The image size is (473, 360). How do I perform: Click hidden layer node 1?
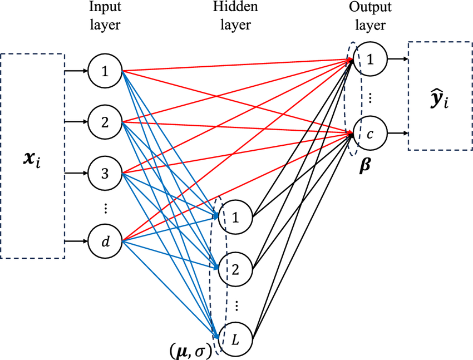[236, 216]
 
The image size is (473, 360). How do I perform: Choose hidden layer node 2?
[236, 269]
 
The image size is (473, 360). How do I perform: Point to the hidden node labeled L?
[236, 337]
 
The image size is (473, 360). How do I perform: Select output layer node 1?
[369, 58]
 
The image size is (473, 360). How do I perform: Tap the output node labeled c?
[369, 134]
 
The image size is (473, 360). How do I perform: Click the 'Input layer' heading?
[105, 16]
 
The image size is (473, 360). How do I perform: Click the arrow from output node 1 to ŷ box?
[397, 58]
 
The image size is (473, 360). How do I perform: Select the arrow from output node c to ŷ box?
[397, 134]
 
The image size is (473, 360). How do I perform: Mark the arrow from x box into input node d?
[77, 241]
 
